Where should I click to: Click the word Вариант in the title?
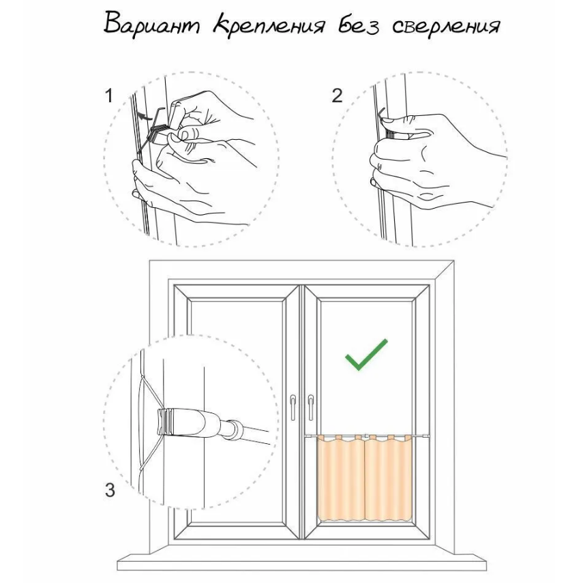pos(151,25)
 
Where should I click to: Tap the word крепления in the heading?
pos(269,26)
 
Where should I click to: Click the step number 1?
pos(108,95)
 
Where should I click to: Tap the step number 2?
pos(337,95)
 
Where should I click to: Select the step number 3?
pos(110,490)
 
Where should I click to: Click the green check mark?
pos(366,355)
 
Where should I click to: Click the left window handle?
pos(293,407)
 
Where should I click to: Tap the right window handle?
pos(310,407)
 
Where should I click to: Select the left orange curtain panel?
pos(340,479)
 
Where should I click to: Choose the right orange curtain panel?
pos(389,479)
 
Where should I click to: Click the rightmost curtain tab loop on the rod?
pos(408,437)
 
